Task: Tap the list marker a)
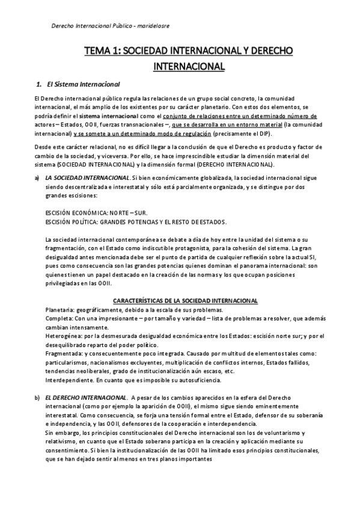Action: pyautogui.click(x=37, y=178)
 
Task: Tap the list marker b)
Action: pyautogui.click(x=37, y=398)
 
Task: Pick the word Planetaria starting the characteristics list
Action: pyautogui.click(x=58, y=309)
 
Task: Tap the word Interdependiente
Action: pyautogui.click(x=66, y=380)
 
